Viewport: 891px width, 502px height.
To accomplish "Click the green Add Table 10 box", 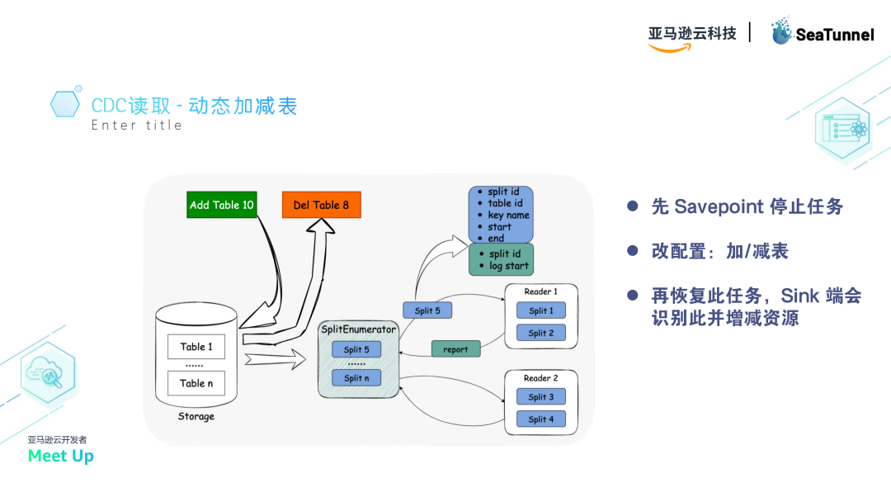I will click(x=222, y=205).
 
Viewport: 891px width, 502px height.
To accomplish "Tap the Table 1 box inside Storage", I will click(x=196, y=347).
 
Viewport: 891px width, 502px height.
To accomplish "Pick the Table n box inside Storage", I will click(x=196, y=383).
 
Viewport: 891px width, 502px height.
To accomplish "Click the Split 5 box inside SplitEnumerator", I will click(x=356, y=350).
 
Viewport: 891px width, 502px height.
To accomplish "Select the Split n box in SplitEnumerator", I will click(x=356, y=378).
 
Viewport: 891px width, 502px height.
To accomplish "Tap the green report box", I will click(x=455, y=349).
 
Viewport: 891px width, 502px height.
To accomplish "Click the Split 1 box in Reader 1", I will click(x=541, y=310).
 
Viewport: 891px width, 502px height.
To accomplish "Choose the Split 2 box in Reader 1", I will click(x=541, y=333).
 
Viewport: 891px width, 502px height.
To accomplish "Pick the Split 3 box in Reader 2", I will click(x=541, y=397).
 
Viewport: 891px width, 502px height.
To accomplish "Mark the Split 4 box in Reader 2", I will click(x=541, y=419).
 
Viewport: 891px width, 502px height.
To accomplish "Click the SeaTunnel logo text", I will click(x=833, y=35).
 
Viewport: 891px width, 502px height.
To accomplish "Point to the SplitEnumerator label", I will click(x=358, y=329).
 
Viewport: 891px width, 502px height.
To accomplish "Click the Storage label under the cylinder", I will click(x=196, y=417).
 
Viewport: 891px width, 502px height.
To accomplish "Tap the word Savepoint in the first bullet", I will click(x=718, y=206).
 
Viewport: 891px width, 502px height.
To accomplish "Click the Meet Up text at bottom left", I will click(x=60, y=456).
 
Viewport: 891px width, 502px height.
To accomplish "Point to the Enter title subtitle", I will click(x=136, y=125).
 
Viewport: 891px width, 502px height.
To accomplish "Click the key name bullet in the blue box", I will click(x=508, y=215).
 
